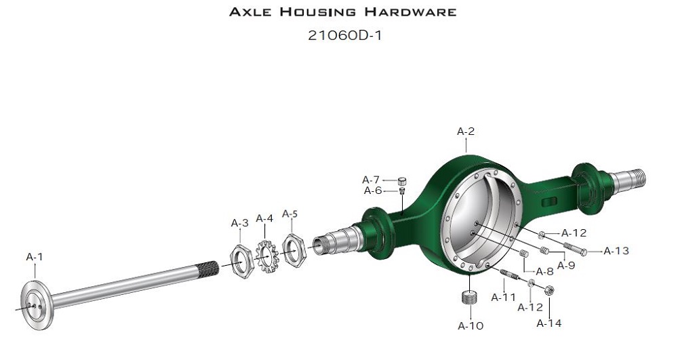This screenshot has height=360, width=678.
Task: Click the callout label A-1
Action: point(35,257)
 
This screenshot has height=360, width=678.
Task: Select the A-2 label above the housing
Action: point(466,132)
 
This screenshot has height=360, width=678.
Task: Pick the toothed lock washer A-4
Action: point(266,257)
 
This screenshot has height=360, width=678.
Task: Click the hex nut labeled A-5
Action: point(294,250)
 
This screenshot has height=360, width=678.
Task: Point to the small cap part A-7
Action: point(402,180)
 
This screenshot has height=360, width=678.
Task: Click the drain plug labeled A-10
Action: point(469,298)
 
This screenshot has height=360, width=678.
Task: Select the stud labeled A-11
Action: point(509,275)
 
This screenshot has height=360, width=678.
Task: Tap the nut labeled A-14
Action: point(549,290)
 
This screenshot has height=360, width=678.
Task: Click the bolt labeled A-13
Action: point(575,249)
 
